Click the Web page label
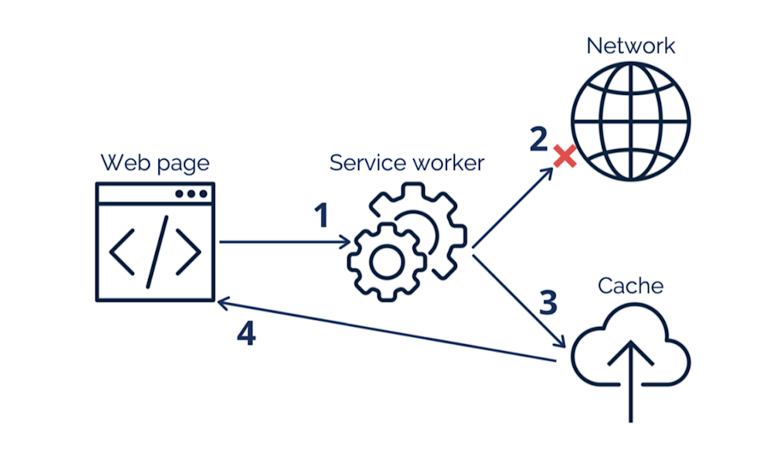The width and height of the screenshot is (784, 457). pyautogui.click(x=155, y=164)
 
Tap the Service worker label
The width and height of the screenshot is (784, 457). pyautogui.click(x=407, y=163)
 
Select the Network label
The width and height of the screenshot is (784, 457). pyautogui.click(x=630, y=46)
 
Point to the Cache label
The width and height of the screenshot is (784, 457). pyautogui.click(x=630, y=286)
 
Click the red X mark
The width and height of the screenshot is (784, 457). pyautogui.click(x=565, y=157)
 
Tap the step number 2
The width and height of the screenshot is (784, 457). pyautogui.click(x=539, y=139)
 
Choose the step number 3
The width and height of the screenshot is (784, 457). pyautogui.click(x=549, y=302)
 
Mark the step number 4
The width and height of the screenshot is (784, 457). pyautogui.click(x=246, y=333)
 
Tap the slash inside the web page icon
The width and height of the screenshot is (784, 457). pyautogui.click(x=157, y=252)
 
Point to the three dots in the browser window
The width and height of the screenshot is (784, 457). pyautogui.click(x=191, y=194)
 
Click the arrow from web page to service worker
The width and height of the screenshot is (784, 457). pyautogui.click(x=285, y=242)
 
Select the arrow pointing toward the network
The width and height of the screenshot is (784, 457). pyautogui.click(x=513, y=208)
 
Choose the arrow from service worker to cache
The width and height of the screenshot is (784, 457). pyautogui.click(x=518, y=301)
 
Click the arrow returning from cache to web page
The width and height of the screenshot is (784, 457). pyautogui.click(x=387, y=330)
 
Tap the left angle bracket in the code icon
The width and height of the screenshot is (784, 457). pyautogui.click(x=122, y=252)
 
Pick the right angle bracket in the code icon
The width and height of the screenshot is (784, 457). pyautogui.click(x=188, y=252)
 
